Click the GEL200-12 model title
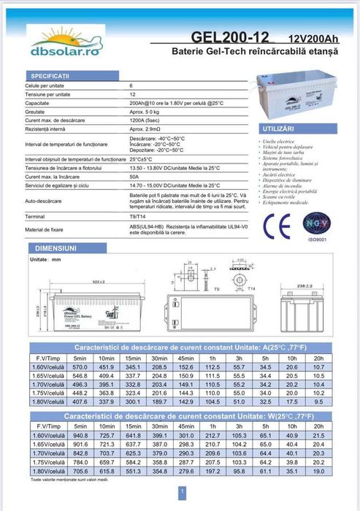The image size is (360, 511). point(230,36)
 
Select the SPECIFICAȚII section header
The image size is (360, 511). point(50,75)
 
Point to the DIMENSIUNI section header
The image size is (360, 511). point(50,248)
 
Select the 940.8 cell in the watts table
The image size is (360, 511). point(80,435)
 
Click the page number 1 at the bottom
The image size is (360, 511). point(179,491)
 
